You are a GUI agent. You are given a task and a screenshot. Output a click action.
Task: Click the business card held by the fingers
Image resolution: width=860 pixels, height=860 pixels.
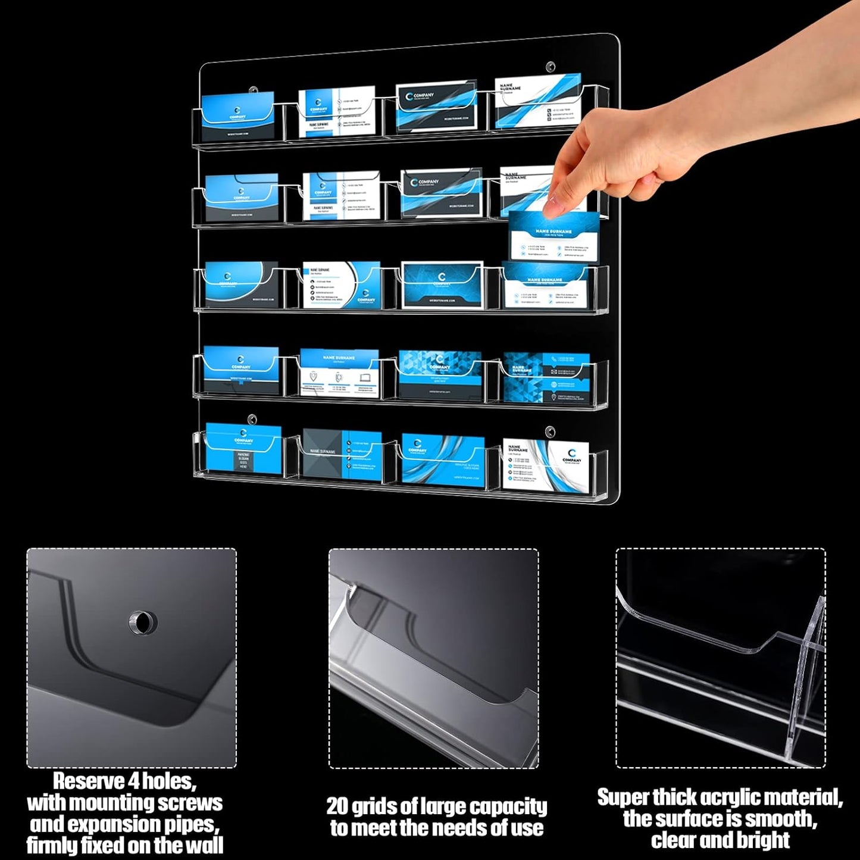[x=554, y=236]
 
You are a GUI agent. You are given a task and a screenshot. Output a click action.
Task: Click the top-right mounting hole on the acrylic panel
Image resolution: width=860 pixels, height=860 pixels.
[x=551, y=67]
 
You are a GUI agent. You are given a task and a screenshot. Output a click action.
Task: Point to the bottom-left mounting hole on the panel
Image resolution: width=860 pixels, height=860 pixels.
[x=252, y=419]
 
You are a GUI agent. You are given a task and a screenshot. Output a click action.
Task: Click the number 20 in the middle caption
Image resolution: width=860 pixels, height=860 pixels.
[x=337, y=806]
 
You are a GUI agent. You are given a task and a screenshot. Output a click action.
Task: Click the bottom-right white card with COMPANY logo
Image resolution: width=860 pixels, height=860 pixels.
[x=545, y=464]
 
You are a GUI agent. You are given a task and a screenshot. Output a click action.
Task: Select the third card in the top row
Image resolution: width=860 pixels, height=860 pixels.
[x=436, y=107]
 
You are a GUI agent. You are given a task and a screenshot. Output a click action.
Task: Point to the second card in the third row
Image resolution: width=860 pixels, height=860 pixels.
[x=341, y=285]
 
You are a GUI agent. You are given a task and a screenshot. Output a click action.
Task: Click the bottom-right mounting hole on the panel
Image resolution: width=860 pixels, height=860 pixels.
[x=550, y=430]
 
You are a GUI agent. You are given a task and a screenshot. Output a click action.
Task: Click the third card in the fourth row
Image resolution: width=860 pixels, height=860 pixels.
[x=440, y=374]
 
